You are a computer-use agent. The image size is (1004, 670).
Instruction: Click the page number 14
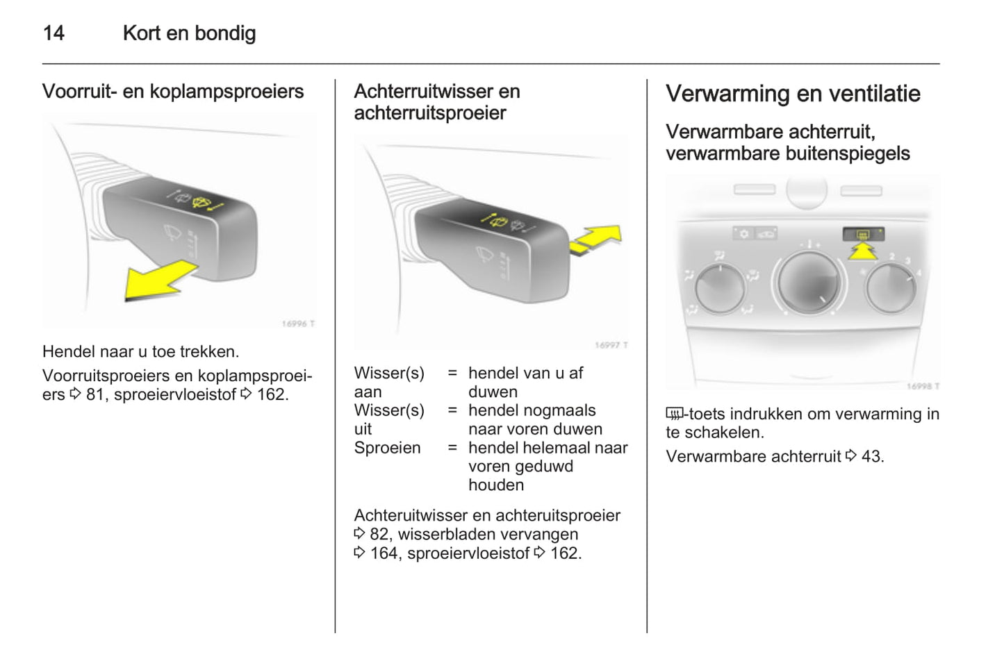(54, 33)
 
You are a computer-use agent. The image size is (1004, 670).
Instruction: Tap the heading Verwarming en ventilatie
(793, 94)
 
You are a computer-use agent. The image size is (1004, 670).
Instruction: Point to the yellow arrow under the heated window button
(862, 251)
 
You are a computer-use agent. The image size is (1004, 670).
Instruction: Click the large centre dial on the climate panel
(808, 282)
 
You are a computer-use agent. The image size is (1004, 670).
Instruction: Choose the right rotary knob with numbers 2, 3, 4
(891, 287)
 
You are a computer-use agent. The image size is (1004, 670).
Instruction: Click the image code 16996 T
(298, 324)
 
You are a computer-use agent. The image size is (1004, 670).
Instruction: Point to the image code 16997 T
(611, 345)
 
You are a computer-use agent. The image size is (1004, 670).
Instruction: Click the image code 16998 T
(923, 386)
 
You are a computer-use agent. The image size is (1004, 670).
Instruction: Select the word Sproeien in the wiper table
(387, 448)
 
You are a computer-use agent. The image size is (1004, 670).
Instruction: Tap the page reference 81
(95, 394)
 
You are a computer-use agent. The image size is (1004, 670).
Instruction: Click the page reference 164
(384, 553)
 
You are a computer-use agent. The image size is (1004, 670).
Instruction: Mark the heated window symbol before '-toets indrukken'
(674, 414)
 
